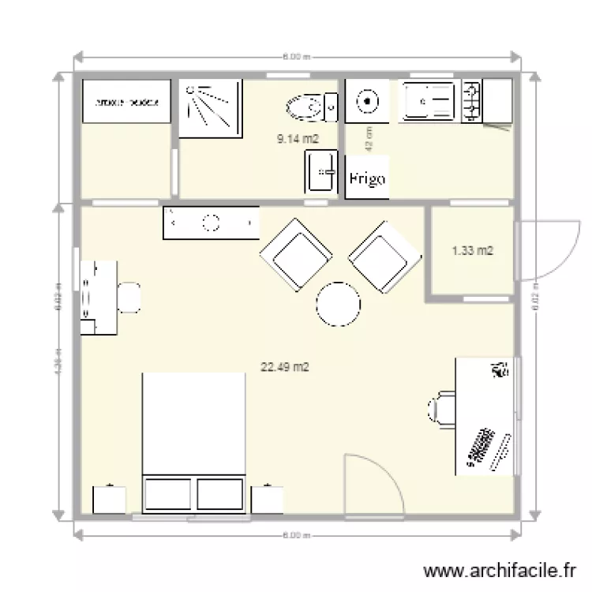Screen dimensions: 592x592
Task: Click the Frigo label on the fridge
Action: pos(367,179)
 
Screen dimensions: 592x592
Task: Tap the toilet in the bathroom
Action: pos(307,107)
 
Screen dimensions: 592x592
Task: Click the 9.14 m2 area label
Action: pos(297,139)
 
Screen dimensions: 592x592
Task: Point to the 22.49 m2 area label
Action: pos(284,366)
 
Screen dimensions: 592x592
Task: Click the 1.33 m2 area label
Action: pos(472,251)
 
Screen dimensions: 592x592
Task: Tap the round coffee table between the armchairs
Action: pos(338,304)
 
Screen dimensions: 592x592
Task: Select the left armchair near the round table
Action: pos(295,253)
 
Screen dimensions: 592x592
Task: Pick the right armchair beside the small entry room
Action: pos(384,254)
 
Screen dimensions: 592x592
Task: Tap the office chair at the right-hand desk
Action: pos(441,410)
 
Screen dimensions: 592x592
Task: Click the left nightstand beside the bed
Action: pos(109,499)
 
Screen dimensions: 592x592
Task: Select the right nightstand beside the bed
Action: pos(267,499)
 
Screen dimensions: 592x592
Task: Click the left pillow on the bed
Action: pos(168,494)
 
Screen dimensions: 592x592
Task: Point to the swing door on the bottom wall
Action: pos(373,483)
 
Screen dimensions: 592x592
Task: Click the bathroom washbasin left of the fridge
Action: pos(321,171)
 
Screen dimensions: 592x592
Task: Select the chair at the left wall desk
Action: pos(129,297)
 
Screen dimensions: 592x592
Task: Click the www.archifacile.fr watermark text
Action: pos(496,571)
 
